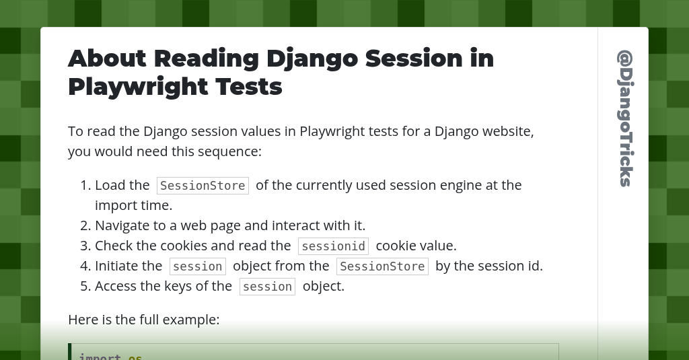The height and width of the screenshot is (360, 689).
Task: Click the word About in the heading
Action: pyautogui.click(x=107, y=59)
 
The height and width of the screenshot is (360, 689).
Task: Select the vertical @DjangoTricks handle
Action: pyautogui.click(x=624, y=118)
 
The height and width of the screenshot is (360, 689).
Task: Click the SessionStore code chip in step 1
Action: pyautogui.click(x=203, y=186)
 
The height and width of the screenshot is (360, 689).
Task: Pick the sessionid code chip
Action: pyautogui.click(x=333, y=246)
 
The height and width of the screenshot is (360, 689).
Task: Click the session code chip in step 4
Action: pyautogui.click(x=197, y=266)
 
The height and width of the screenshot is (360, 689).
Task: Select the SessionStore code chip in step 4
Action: pyautogui.click(x=382, y=266)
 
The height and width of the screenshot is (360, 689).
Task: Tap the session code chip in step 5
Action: pyautogui.click(x=267, y=287)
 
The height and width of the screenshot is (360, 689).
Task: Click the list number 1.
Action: pyautogui.click(x=85, y=185)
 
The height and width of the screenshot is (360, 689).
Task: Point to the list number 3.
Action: pyautogui.click(x=85, y=246)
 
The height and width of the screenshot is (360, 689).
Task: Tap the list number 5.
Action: pyautogui.click(x=85, y=286)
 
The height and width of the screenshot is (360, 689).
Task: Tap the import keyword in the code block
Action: pyautogui.click(x=100, y=356)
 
